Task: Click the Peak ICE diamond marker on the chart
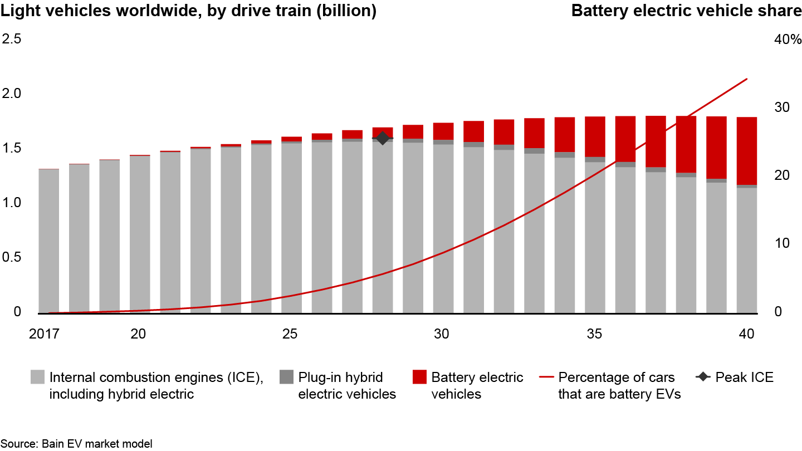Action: tap(383, 138)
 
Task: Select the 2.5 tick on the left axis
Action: tap(12, 39)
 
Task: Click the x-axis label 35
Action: tap(594, 334)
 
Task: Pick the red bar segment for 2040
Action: tap(747, 151)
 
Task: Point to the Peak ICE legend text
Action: tap(744, 378)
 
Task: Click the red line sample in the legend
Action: tap(546, 378)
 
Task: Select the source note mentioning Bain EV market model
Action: tap(76, 444)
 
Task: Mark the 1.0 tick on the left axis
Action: tap(12, 203)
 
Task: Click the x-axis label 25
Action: tap(290, 334)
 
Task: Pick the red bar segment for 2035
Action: tap(594, 136)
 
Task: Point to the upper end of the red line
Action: tap(747, 79)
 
